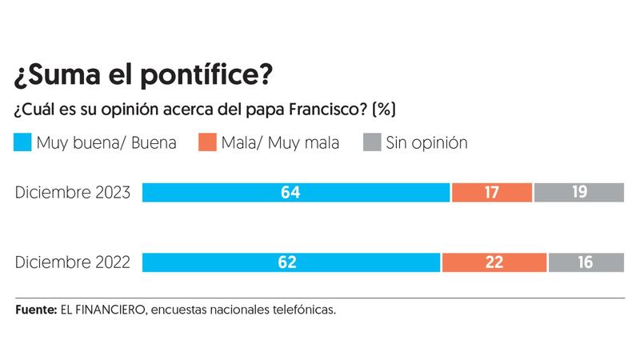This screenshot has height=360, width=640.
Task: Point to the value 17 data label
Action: [x=492, y=192]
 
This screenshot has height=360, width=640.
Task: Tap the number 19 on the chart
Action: [x=579, y=192]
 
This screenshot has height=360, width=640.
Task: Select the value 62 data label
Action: [x=291, y=262]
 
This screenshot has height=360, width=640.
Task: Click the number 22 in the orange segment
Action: [x=494, y=262]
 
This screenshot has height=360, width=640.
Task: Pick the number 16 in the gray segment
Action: [x=585, y=262]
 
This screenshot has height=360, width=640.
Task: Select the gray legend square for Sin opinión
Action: [x=372, y=143]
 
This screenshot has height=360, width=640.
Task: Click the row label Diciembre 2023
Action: [x=73, y=193]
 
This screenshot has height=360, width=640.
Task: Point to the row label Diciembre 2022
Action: [x=73, y=263]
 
